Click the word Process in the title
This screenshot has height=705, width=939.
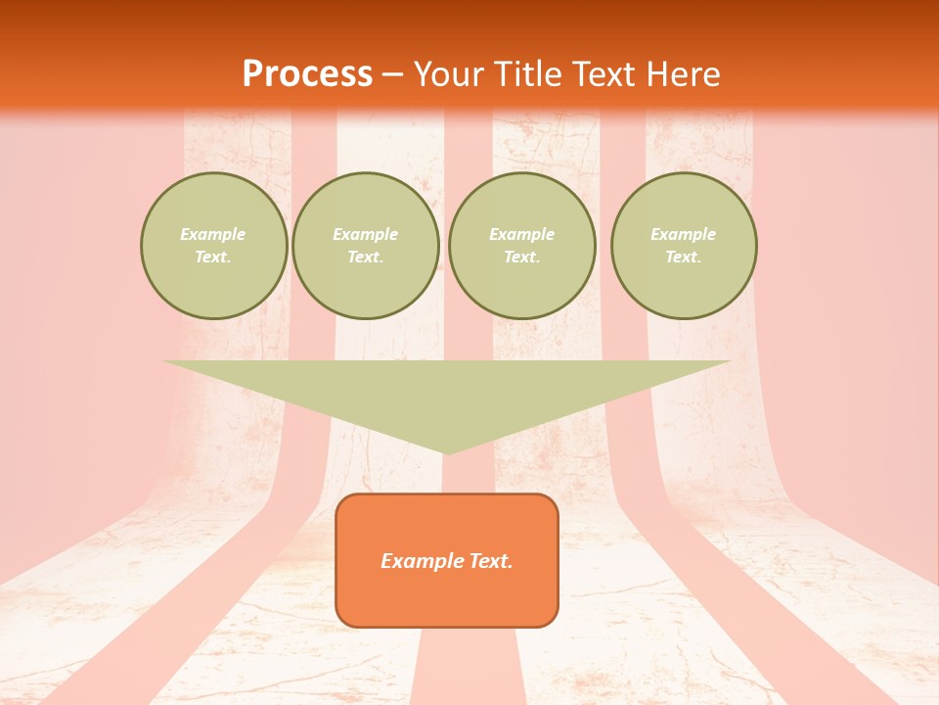[307, 74]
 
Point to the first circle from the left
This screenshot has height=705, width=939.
[214, 246]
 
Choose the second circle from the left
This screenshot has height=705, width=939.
[366, 246]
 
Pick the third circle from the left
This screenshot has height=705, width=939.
[522, 246]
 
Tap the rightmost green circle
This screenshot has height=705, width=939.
[684, 246]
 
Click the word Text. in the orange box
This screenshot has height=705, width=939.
[491, 561]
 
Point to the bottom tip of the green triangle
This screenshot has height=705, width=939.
[447, 452]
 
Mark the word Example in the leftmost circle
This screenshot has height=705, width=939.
[213, 235]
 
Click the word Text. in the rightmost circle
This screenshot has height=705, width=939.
[684, 258]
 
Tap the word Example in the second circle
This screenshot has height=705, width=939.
[366, 235]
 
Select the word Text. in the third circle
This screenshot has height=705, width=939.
[522, 258]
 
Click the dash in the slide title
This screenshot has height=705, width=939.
[392, 75]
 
